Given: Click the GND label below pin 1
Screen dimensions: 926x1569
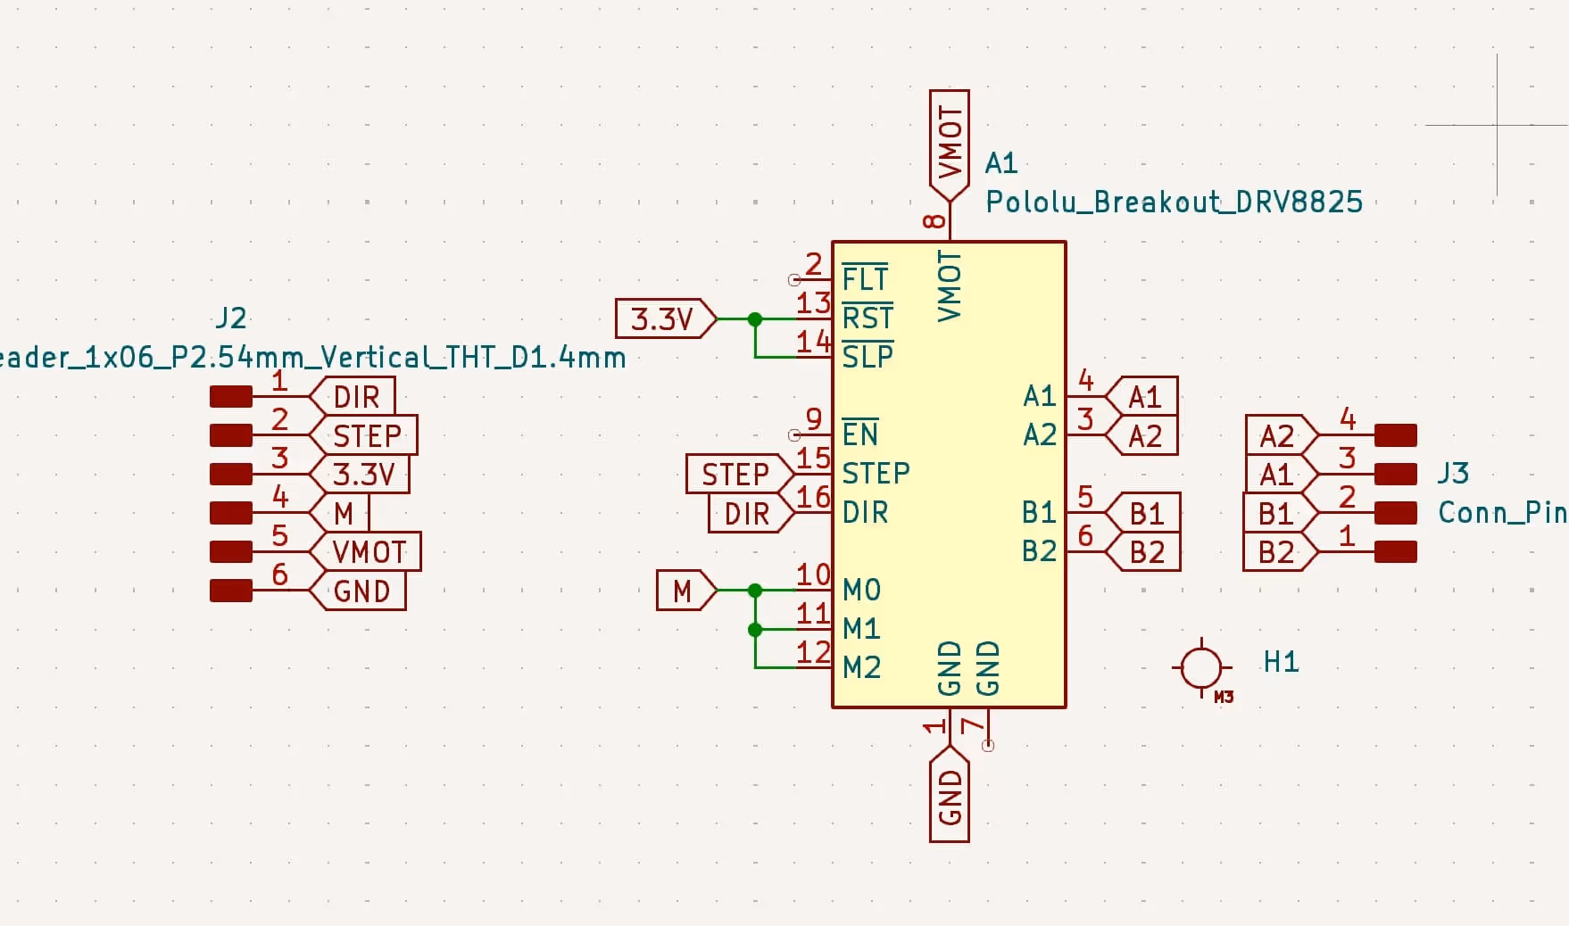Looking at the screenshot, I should coord(950,797).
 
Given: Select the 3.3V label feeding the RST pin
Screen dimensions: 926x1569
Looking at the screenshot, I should coord(664,318).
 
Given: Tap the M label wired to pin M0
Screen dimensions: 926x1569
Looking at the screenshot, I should coord(685,591).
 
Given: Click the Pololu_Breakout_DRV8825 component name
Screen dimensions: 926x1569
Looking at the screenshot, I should coord(1173,203).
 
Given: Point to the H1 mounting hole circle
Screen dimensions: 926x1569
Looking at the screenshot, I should coord(1200,667).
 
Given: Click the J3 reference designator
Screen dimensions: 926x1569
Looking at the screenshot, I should coord(1453,473).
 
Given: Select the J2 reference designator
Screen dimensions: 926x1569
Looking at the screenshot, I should coord(231,318).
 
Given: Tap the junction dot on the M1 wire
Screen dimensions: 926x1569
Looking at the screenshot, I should coord(755,630).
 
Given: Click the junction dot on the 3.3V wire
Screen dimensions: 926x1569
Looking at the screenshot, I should coord(755,318).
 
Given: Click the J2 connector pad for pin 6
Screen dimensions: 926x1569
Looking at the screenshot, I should coord(231,591).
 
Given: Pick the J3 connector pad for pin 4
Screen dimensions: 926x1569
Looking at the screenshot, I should coord(1395,435).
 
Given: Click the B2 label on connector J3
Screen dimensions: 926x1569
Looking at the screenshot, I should coord(1277,552).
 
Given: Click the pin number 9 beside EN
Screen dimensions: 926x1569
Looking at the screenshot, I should coord(813,418).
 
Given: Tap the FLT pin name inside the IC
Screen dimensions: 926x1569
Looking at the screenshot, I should coord(864,280).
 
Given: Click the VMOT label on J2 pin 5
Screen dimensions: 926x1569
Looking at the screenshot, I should coord(369,552).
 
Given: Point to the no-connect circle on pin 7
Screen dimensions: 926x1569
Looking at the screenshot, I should coord(988,746).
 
